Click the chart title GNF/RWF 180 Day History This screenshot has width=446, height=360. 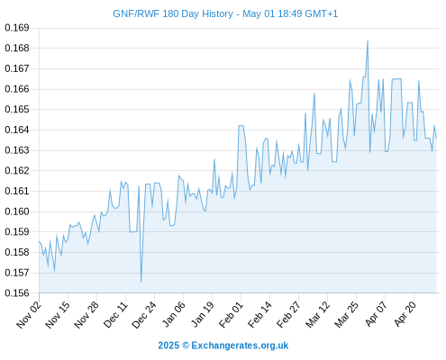173,13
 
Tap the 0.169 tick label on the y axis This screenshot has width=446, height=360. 17,28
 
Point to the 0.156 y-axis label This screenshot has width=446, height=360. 17,292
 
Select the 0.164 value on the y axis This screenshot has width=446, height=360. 17,130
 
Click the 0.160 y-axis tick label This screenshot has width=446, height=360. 17,211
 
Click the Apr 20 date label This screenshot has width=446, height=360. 405,314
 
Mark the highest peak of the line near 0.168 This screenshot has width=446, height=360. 368,40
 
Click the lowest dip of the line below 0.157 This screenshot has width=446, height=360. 141,282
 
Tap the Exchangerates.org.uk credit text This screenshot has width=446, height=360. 240,346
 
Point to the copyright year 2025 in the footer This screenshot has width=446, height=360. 168,346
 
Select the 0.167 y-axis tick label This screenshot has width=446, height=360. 17,68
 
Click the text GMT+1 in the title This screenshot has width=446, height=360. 321,13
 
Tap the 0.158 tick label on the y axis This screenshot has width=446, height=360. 17,252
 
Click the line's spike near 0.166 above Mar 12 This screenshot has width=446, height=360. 314,94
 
